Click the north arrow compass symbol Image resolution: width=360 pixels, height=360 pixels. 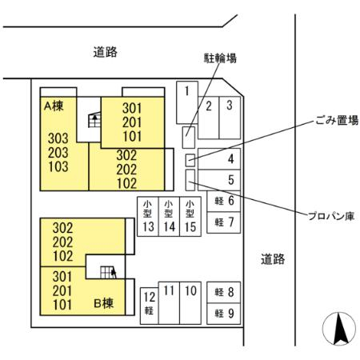[339, 329]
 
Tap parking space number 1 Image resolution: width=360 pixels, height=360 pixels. [187, 102]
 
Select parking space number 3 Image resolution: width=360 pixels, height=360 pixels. [230, 118]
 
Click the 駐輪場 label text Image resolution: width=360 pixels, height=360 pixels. [220, 58]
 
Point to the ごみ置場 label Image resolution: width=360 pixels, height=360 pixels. [337, 120]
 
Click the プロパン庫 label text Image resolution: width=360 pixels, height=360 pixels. [331, 216]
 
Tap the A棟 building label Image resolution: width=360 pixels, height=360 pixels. [54, 106]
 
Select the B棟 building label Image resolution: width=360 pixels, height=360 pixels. [104, 303]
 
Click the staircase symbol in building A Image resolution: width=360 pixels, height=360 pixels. [94, 120]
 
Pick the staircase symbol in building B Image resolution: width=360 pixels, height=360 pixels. [108, 272]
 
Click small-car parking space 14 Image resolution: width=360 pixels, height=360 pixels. [169, 216]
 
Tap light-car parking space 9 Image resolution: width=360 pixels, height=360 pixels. [224, 314]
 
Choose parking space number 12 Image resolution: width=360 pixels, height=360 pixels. [150, 306]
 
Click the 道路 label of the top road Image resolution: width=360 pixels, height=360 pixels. [106, 52]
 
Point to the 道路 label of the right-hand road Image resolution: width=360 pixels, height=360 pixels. [273, 259]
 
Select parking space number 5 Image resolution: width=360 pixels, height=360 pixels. [219, 180]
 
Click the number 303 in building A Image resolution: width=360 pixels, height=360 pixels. [58, 138]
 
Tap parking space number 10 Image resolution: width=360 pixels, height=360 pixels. [190, 303]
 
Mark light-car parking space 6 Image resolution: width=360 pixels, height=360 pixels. [224, 202]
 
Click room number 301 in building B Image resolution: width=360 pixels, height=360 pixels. [62, 277]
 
